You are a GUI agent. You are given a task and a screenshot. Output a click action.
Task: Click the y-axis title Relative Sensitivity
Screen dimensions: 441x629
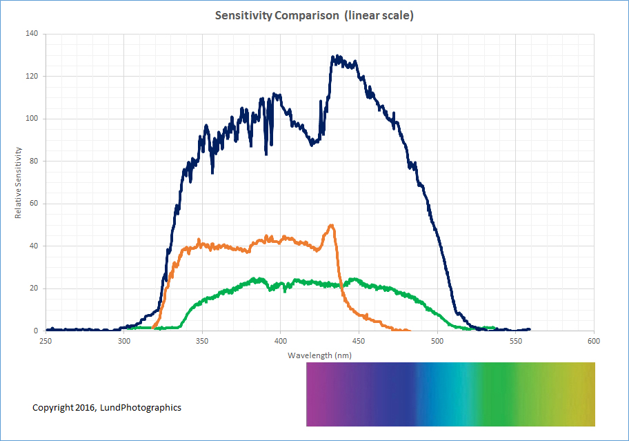tap(19, 182)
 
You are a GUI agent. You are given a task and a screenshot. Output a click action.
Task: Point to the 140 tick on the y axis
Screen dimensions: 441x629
tap(32, 33)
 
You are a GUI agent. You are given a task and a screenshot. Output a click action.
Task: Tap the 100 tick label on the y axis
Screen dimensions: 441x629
tap(32, 119)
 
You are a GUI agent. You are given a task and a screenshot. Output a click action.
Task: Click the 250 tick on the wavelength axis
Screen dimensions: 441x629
tap(46, 341)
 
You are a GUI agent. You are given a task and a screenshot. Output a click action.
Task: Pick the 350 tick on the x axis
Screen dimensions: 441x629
tap(202, 341)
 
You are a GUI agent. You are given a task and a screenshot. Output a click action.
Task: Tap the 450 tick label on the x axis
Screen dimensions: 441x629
tap(359, 341)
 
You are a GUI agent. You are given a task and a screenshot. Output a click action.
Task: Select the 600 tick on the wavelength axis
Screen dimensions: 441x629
tap(594, 341)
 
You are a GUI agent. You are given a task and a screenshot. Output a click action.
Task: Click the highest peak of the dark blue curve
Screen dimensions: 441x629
tap(335, 57)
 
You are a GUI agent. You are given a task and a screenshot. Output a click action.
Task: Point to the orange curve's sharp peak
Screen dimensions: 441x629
tap(332, 225)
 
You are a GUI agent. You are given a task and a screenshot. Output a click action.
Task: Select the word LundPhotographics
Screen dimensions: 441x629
tap(141, 408)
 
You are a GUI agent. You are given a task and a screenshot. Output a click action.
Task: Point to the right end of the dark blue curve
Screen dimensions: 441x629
tap(529, 329)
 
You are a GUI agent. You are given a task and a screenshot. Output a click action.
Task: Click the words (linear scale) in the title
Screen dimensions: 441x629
tap(379, 15)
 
